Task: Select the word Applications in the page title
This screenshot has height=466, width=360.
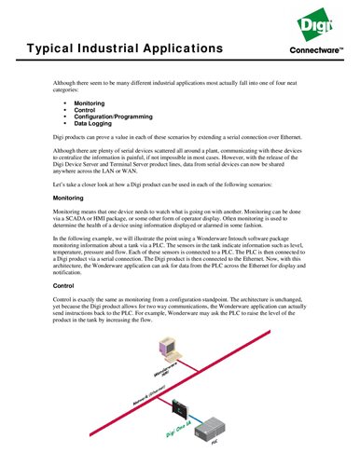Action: (187, 47)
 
